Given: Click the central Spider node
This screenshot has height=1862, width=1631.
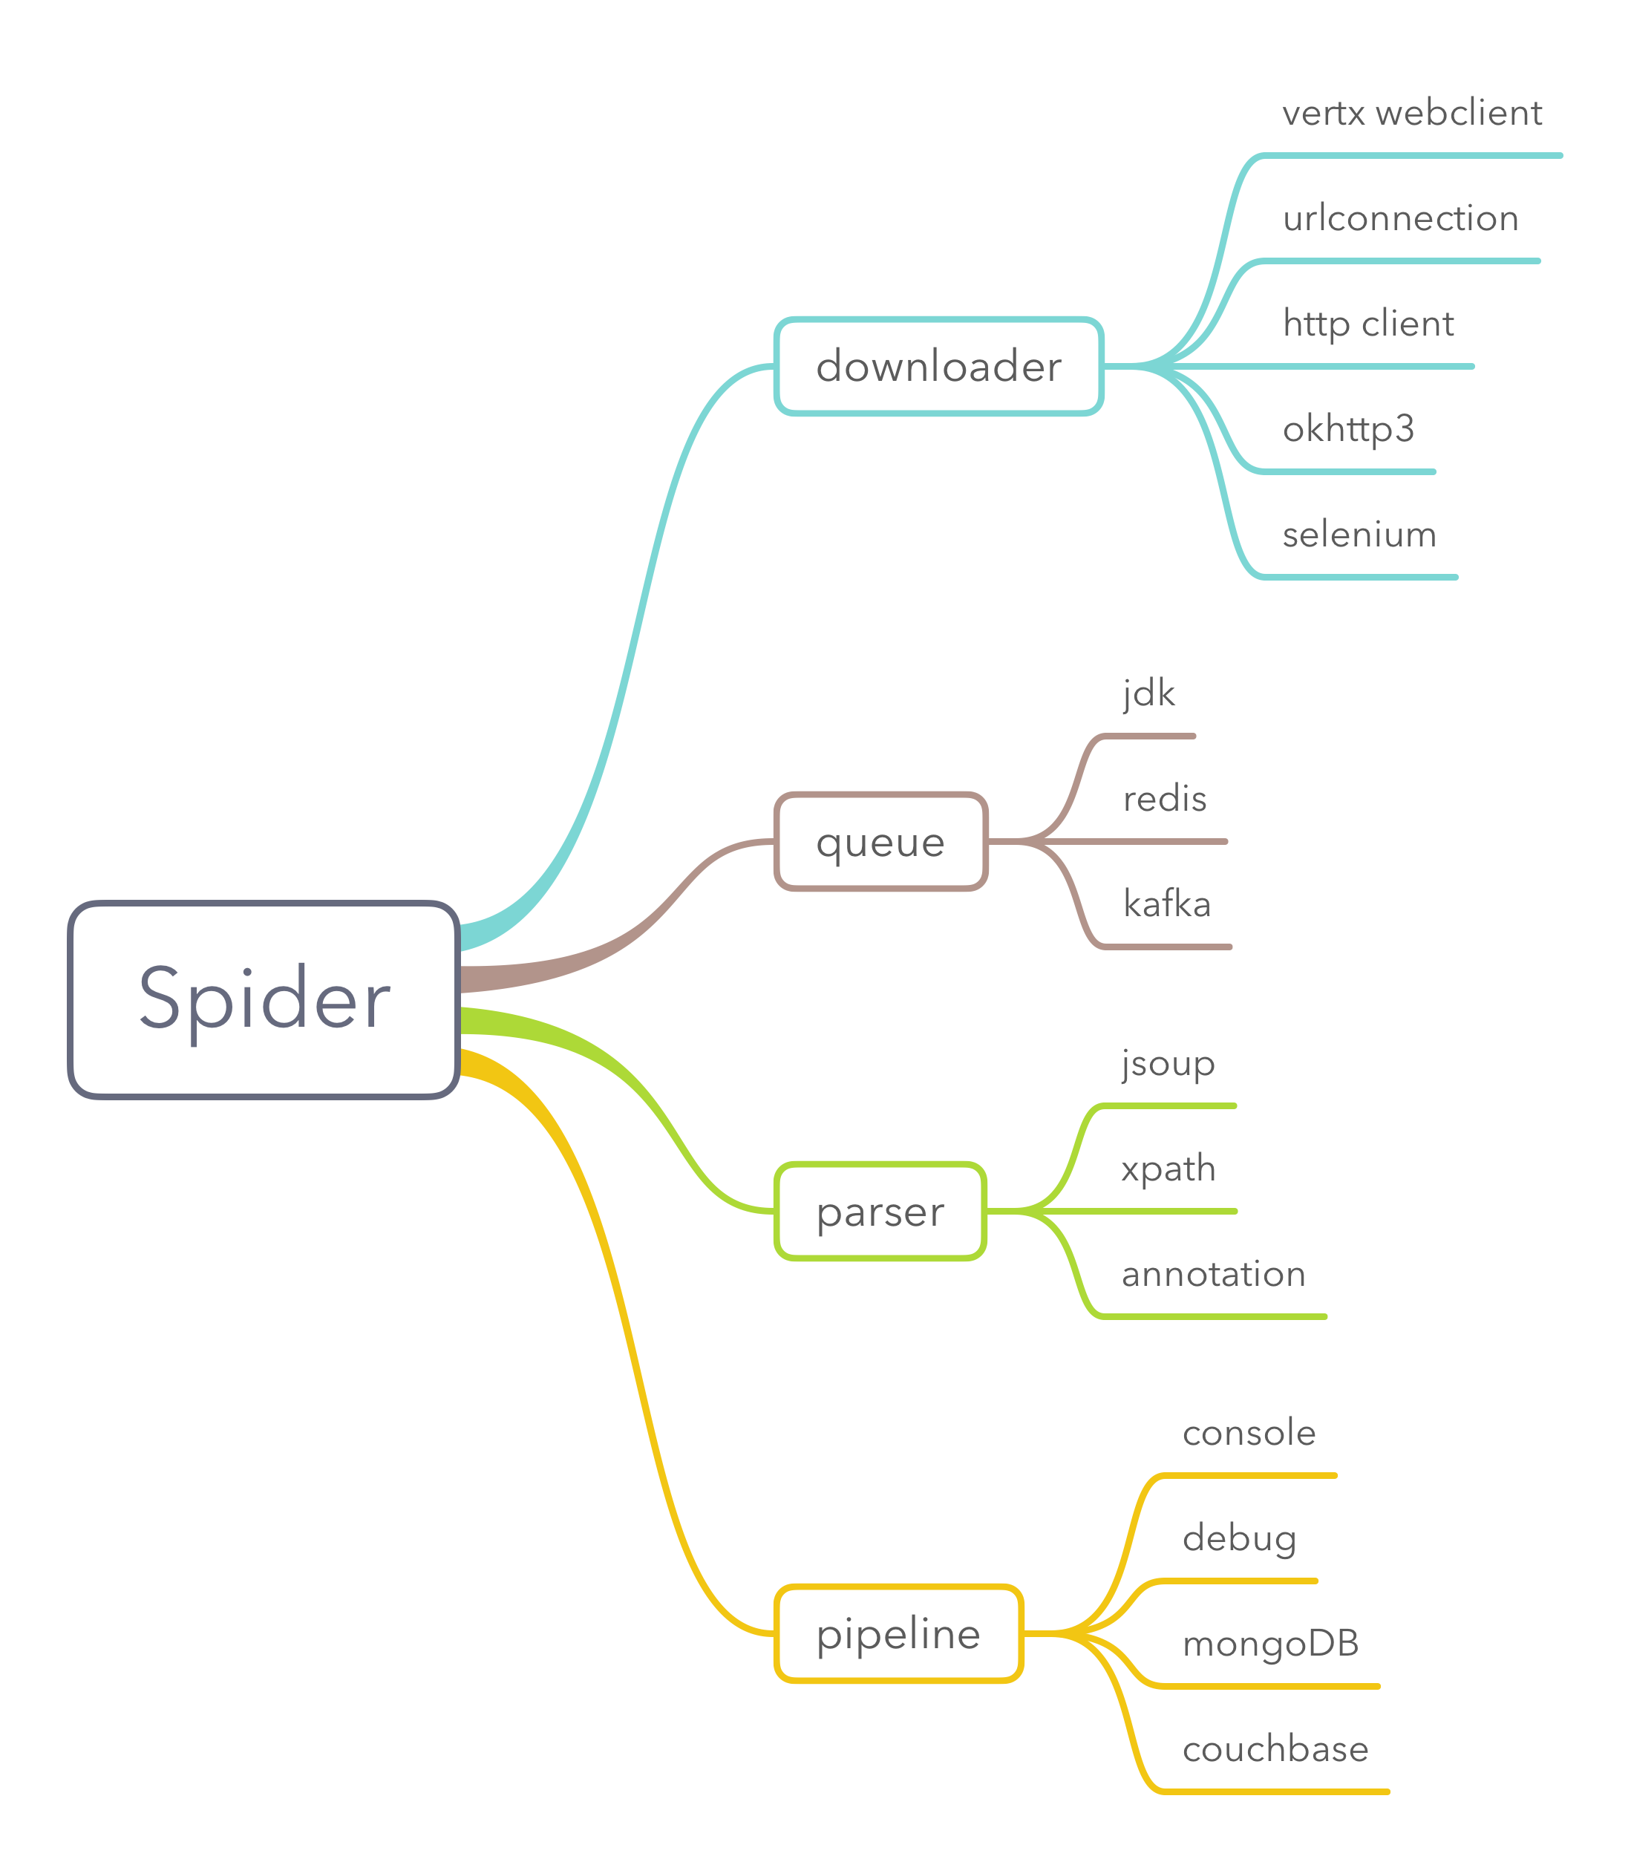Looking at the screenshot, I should (264, 999).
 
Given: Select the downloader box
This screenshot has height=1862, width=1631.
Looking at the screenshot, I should (938, 366).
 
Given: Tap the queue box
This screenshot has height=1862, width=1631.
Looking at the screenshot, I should (880, 842).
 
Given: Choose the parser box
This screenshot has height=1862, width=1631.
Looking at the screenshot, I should (880, 1212).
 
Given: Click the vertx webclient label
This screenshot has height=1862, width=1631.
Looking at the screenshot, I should (1412, 113).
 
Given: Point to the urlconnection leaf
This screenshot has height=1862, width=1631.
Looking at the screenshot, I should (1400, 218).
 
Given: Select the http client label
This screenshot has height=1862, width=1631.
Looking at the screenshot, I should (1368, 324).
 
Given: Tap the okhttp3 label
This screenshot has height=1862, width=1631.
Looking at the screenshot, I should (1348, 428).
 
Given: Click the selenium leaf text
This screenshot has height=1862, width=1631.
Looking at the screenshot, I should (1359, 535).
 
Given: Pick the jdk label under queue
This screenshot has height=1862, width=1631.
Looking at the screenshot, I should (1148, 693).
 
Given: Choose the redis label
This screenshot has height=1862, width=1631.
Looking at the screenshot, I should (1164, 799).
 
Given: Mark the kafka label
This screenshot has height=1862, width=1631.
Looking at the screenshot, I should (1167, 904).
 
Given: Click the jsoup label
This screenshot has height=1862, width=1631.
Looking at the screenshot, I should (1168, 1063).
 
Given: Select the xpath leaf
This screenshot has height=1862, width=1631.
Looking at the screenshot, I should (1168, 1169).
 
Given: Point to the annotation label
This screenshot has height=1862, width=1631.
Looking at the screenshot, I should (1213, 1274).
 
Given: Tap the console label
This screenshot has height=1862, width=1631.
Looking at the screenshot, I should (1249, 1432).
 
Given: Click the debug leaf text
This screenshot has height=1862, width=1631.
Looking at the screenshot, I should (1239, 1538).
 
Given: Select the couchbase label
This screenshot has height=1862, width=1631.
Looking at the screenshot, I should (1275, 1749).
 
